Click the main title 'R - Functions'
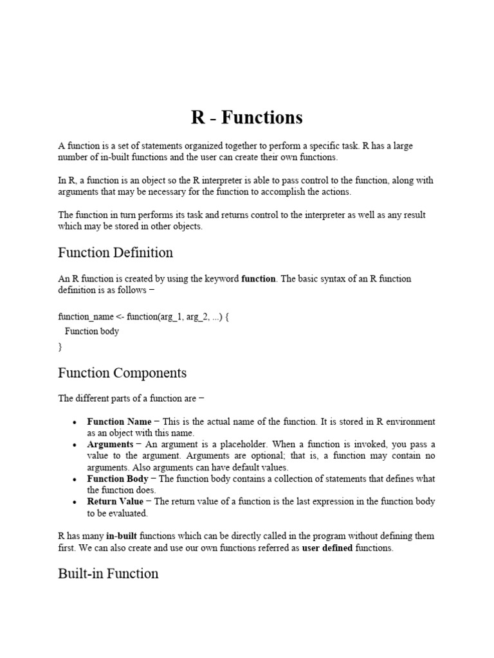pyautogui.click(x=246, y=118)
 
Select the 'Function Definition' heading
pyautogui.click(x=115, y=253)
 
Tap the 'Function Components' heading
pyautogui.click(x=122, y=373)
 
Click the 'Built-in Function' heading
pyautogui.click(x=108, y=573)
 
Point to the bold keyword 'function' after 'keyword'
pyautogui.click(x=258, y=279)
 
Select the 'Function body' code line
pyautogui.click(x=92, y=332)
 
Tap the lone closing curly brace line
pyautogui.click(x=60, y=347)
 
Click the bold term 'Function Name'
pyautogui.click(x=120, y=422)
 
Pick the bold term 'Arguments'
pyautogui.click(x=111, y=445)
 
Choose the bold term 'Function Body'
pyautogui.click(x=118, y=479)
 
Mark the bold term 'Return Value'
pyautogui.click(x=116, y=502)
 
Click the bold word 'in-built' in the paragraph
pyautogui.click(x=122, y=536)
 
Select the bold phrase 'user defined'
pyautogui.click(x=327, y=547)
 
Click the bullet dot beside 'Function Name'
pyautogui.click(x=75, y=423)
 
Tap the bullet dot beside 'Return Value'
pyautogui.click(x=75, y=502)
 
